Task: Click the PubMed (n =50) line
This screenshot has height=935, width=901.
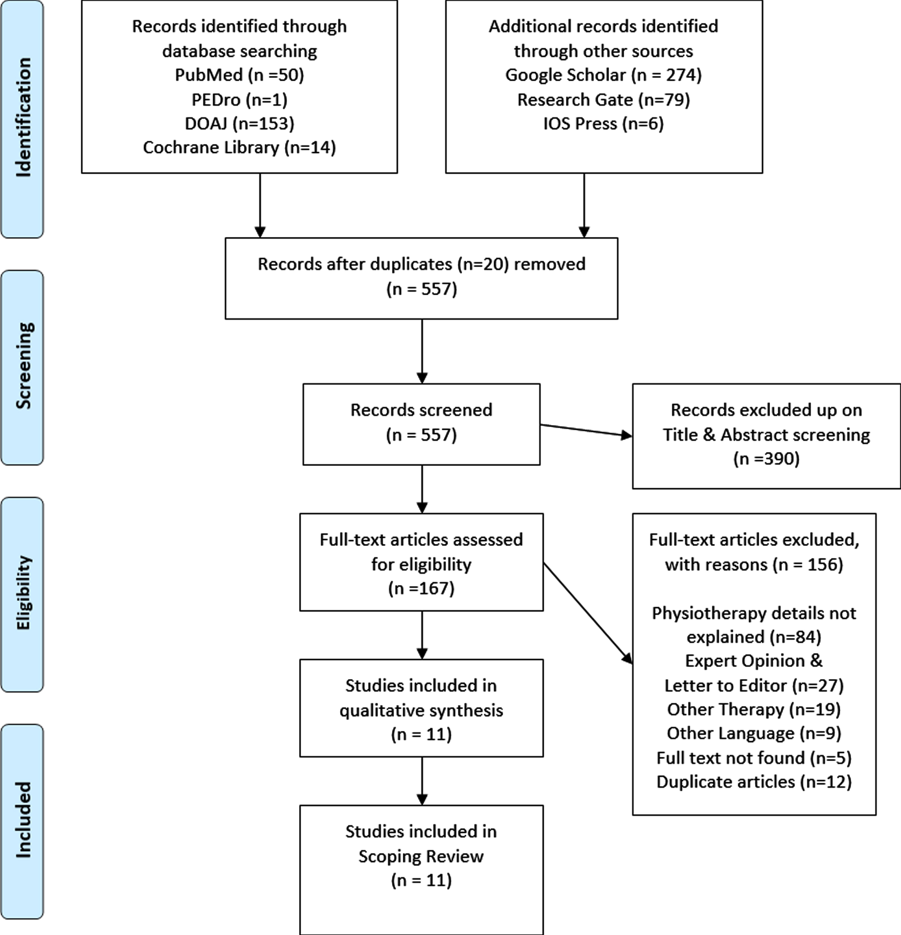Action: (240, 75)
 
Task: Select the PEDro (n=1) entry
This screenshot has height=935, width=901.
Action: (240, 99)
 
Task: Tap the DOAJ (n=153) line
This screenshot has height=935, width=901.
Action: (240, 123)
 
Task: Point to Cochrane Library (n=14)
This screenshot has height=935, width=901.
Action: (240, 147)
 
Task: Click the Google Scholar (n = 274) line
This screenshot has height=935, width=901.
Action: (604, 75)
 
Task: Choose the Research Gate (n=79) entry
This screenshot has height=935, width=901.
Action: (604, 99)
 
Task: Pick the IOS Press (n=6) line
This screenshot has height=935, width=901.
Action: (604, 123)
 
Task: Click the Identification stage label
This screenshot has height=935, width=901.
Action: (23, 118)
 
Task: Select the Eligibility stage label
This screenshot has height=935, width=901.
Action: (23, 593)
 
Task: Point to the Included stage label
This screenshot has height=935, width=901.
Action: (23, 820)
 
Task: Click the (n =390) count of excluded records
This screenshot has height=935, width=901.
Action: (766, 458)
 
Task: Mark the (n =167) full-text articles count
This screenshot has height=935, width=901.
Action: (422, 588)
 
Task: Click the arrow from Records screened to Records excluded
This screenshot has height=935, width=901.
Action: (586, 430)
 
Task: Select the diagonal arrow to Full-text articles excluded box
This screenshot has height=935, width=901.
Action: (588, 614)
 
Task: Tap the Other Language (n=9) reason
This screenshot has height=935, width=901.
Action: (754, 733)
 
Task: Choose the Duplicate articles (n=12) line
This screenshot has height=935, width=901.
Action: (754, 782)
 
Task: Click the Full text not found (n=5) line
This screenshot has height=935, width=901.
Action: (754, 758)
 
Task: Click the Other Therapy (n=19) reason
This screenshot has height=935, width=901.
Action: (754, 709)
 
